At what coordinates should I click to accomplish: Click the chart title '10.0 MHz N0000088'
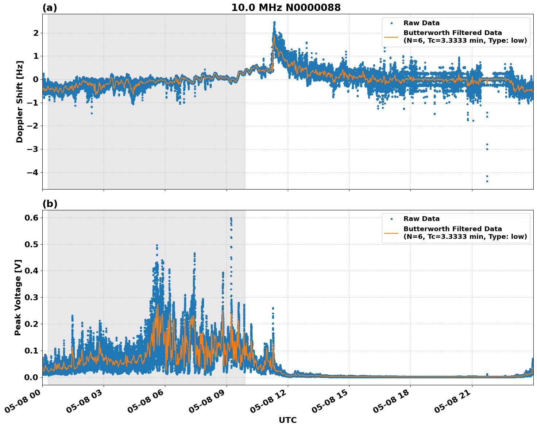pos(286,8)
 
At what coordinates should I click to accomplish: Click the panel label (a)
pos(50,8)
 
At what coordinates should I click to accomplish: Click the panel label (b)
pos(50,204)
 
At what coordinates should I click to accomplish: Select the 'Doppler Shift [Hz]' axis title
pos(20,102)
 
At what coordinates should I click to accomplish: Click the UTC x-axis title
pos(287,420)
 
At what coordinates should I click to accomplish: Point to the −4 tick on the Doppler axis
pos(32,172)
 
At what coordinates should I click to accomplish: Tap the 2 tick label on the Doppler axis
pos(36,33)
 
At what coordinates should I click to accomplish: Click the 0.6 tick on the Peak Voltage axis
pos(31,218)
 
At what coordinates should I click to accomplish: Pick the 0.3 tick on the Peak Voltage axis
pos(31,297)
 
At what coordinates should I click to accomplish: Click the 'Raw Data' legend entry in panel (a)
pos(421,23)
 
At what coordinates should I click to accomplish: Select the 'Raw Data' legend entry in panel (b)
pos(421,219)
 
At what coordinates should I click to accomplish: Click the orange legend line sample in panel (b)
pos(391,233)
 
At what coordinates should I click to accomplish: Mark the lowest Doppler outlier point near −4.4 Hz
pos(487,181)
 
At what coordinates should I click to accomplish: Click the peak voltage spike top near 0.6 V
pos(231,218)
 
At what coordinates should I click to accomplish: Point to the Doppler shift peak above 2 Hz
pos(274,23)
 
